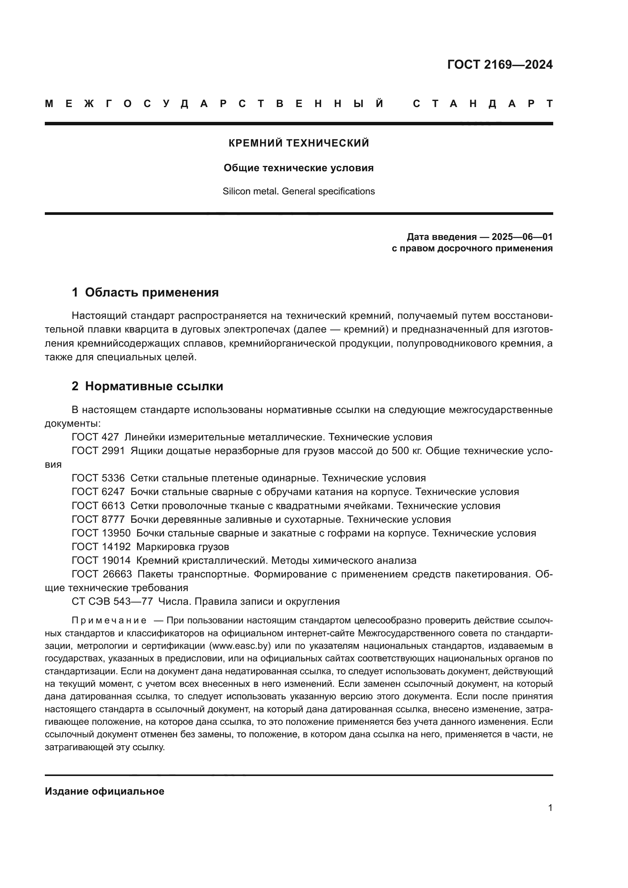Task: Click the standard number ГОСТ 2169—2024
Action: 500,65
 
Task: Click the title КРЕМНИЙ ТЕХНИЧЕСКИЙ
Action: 298,144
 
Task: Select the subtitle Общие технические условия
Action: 298,168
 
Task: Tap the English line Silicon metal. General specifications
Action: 298,191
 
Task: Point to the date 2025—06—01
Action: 522,237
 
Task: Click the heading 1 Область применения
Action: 145,292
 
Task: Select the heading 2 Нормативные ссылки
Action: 147,386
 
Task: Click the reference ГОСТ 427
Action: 95,437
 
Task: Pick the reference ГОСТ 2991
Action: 98,451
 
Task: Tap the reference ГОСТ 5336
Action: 98,478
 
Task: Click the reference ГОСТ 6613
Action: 98,506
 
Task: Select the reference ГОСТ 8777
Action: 98,519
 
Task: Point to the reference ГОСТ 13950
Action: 101,533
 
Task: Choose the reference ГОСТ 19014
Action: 101,561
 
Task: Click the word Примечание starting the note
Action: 109,621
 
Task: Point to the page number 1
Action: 550,808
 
